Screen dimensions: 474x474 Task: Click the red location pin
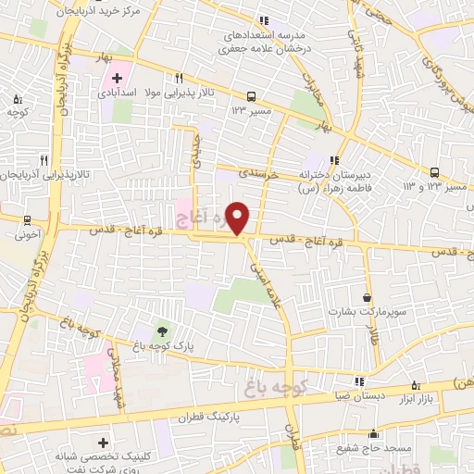(239, 218)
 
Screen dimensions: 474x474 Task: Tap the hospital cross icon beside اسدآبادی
(117, 77)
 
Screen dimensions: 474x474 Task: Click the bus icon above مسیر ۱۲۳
(251, 95)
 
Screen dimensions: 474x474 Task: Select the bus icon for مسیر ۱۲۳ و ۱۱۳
(435, 171)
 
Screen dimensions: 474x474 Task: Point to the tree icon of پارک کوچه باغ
(163, 331)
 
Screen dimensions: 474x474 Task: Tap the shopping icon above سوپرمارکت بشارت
(368, 298)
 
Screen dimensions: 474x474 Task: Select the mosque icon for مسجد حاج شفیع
(373, 433)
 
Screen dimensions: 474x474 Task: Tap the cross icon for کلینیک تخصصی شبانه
(102, 443)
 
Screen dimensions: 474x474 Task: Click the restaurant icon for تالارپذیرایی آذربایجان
(44, 159)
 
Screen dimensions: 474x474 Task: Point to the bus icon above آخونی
(28, 220)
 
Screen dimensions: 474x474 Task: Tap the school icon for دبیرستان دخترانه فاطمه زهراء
(335, 158)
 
